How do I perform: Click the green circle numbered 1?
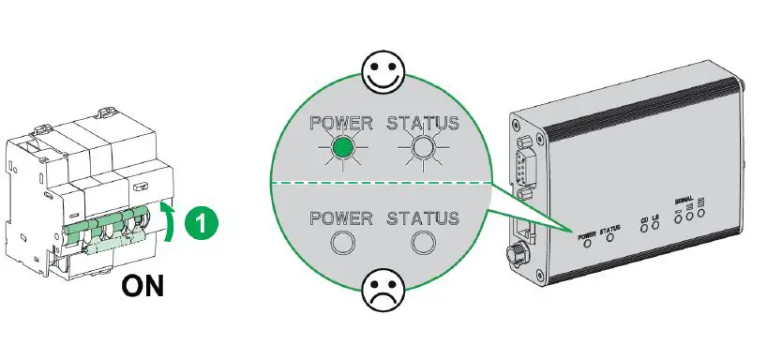(x=201, y=224)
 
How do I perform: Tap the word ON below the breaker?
(x=146, y=285)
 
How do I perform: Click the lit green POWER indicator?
(x=344, y=147)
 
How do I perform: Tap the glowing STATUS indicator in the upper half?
(x=424, y=147)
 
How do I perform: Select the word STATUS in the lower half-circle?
(x=424, y=218)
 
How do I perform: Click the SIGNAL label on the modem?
(x=687, y=200)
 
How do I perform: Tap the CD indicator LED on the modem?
(x=644, y=229)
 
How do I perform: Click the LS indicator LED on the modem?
(x=657, y=228)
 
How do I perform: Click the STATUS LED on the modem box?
(x=610, y=239)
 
